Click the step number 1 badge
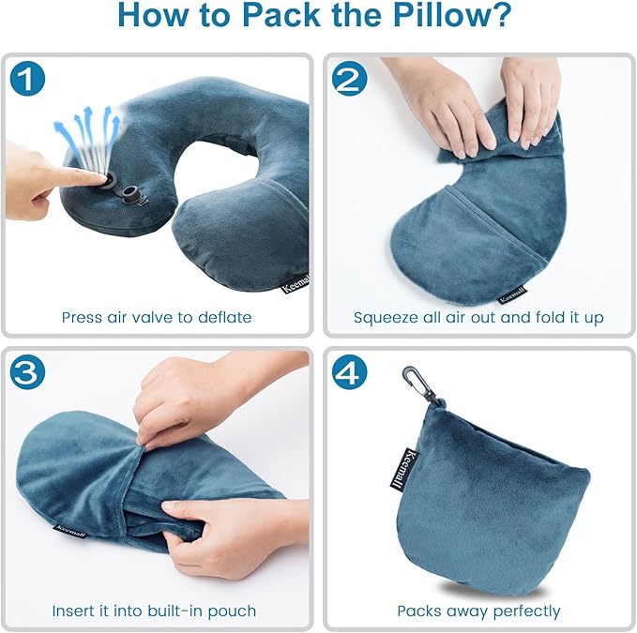pos(28,79)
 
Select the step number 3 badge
pos(28,373)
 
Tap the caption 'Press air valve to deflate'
pos(157,317)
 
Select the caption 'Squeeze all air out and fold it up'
pos(478,317)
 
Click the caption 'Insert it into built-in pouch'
pos(156,610)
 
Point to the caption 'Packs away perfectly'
pos(478,610)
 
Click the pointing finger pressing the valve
pos(47,174)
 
